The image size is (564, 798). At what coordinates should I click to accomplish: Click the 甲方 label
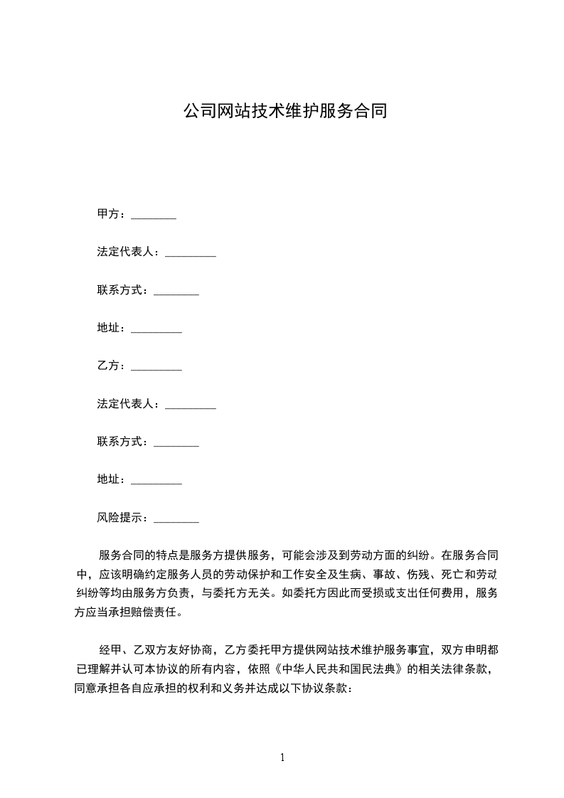click(108, 214)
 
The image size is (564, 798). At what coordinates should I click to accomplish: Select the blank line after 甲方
click(154, 216)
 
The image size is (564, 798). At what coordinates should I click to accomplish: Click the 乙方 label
click(108, 366)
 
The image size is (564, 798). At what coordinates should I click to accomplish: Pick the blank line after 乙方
click(156, 368)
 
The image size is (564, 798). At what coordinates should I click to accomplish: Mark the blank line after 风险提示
click(176, 520)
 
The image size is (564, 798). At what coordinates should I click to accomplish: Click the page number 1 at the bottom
click(282, 757)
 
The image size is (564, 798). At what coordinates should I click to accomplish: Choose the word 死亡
click(452, 574)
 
